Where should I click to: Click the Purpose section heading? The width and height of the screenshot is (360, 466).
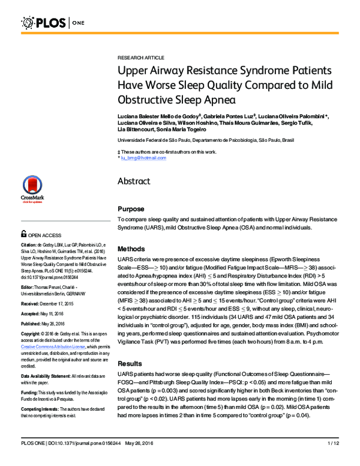click(x=131, y=209)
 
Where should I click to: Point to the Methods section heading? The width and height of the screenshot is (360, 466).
click(x=131, y=249)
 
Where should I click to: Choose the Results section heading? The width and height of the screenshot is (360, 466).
click(x=130, y=364)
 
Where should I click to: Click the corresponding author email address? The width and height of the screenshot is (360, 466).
click(x=144, y=157)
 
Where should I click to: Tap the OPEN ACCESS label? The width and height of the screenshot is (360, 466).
click(x=44, y=236)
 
